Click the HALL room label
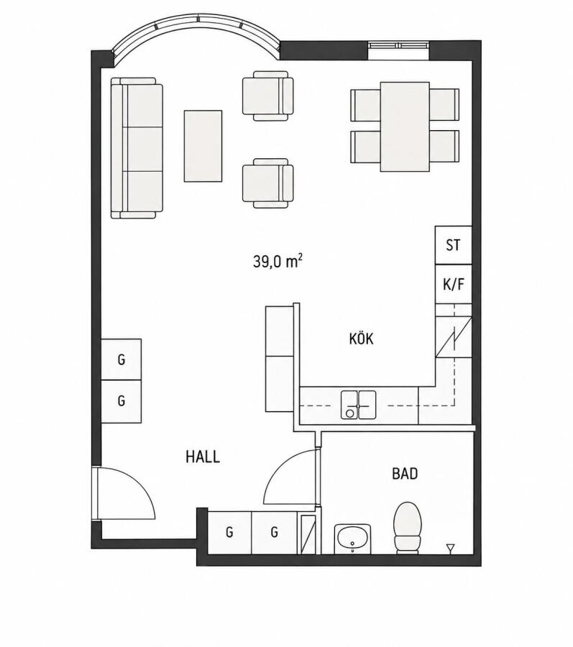[203, 456]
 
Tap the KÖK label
[362, 339]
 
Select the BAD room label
[405, 474]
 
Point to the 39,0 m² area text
[278, 261]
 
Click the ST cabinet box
[454, 245]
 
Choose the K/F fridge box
[454, 284]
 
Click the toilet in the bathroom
[408, 528]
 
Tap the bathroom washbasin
[353, 538]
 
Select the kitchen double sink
[359, 405]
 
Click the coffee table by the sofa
[203, 146]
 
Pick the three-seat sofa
[137, 147]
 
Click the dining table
[405, 127]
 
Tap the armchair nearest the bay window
[268, 96]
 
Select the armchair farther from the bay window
[268, 183]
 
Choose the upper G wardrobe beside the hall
[122, 359]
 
